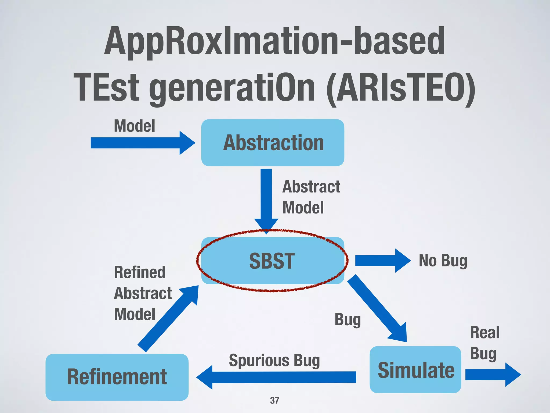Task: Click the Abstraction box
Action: (x=273, y=143)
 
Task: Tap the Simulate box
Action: (x=415, y=370)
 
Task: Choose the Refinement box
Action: (x=117, y=377)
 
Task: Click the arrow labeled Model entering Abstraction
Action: (x=142, y=143)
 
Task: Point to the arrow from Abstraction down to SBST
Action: (x=266, y=199)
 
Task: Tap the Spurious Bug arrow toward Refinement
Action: (x=277, y=377)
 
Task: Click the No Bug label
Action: (x=443, y=261)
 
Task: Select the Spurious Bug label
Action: (x=274, y=361)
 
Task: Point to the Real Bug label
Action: (x=484, y=343)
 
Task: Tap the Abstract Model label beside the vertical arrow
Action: (x=311, y=197)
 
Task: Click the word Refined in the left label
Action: (x=140, y=272)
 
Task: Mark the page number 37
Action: (x=274, y=400)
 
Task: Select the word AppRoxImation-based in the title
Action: (x=274, y=41)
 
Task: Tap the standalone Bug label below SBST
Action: (x=348, y=320)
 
